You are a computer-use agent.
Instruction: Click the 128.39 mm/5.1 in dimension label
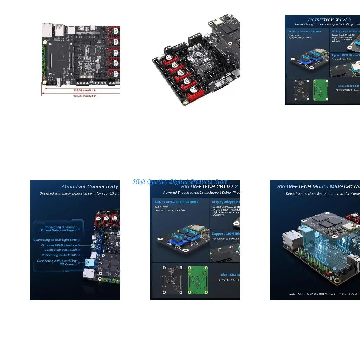pos(85,90)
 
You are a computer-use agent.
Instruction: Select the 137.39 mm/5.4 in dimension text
pos(85,96)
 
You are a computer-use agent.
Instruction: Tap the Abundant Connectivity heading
pos(90,187)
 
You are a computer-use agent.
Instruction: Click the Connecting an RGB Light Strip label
pos(55,240)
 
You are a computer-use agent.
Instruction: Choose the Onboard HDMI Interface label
pos(59,245)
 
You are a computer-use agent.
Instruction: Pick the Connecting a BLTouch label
pos(60,250)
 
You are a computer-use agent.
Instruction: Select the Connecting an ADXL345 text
pos(59,255)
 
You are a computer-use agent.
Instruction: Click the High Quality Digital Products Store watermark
pos(180,181)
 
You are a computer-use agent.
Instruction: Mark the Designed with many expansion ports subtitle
pos(79,194)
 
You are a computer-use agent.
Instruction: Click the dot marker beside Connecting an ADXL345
pos(79,255)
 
